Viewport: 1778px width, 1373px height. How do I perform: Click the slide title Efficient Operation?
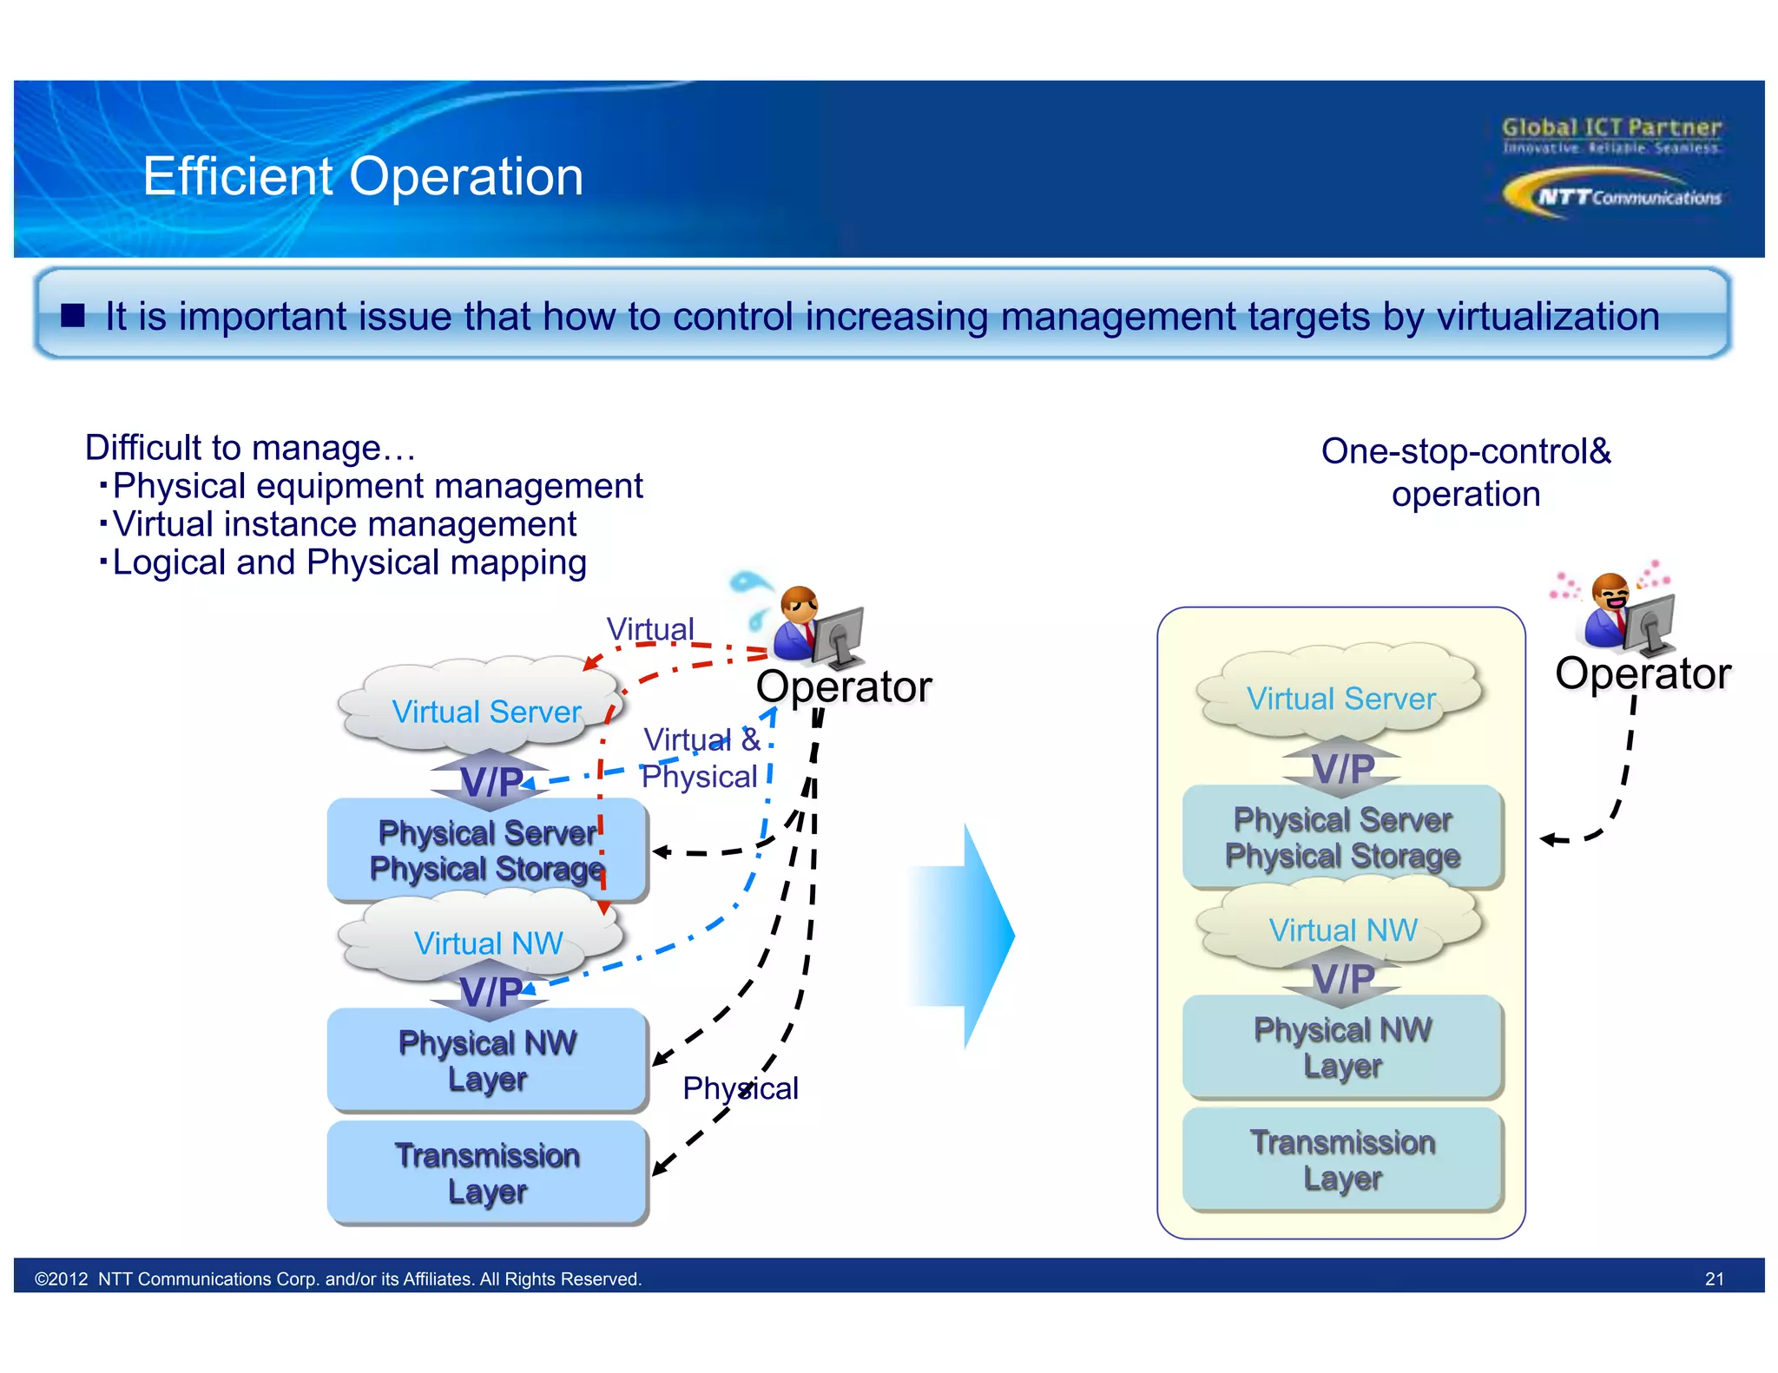(363, 176)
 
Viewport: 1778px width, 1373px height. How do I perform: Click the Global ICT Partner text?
(1611, 128)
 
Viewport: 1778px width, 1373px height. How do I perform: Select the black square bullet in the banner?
(74, 315)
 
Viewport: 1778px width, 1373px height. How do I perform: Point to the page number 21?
(1714, 1278)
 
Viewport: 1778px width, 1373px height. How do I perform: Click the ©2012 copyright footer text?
(338, 1278)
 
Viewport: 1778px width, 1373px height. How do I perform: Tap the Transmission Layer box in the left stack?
(487, 1173)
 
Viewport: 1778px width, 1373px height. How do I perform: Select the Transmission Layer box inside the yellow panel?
(1342, 1159)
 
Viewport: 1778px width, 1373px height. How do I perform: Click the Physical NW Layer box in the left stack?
(487, 1060)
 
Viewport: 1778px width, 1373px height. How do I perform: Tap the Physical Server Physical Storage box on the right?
(1342, 837)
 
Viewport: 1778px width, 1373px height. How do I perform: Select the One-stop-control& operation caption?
(1465, 472)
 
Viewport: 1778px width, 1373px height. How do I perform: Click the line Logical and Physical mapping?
(349, 562)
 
